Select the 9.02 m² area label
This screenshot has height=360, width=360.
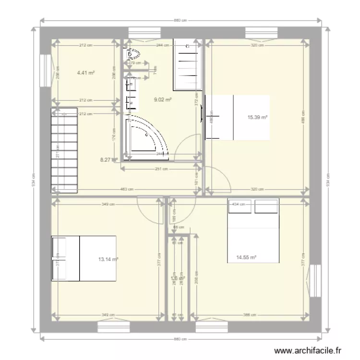(163, 100)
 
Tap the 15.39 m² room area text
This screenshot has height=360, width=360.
(257, 117)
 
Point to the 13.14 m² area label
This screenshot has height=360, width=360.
(108, 259)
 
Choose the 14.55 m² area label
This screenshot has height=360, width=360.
(246, 257)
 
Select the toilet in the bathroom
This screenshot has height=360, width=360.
(133, 54)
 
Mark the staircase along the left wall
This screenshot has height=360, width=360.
(64, 150)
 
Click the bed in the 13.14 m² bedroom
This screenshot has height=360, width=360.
(84, 258)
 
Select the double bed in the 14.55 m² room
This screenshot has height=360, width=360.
(253, 230)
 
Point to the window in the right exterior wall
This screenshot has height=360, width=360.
(315, 281)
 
